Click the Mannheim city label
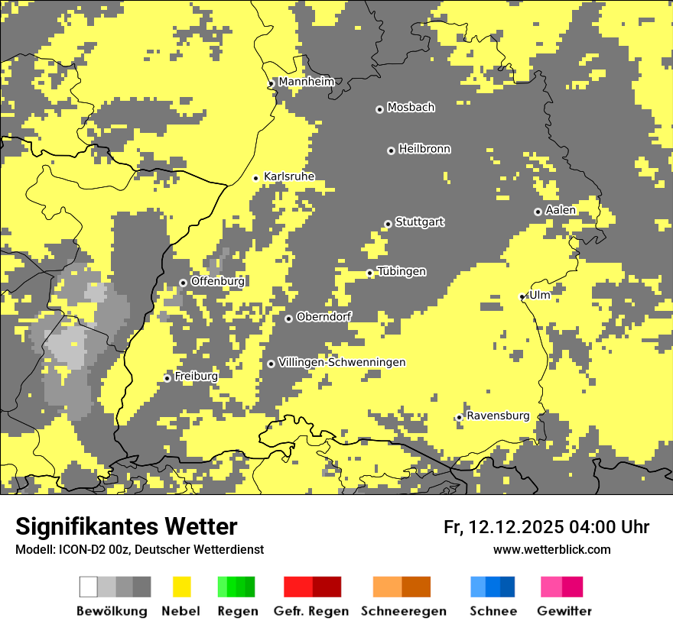(x=306, y=82)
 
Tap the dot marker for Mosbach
(x=379, y=109)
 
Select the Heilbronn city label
(x=424, y=149)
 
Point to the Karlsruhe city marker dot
(x=256, y=178)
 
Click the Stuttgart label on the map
(x=419, y=222)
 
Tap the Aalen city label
(x=561, y=210)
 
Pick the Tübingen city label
(x=402, y=272)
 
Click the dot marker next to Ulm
(x=522, y=296)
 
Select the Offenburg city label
(x=217, y=281)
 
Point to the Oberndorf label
(x=323, y=317)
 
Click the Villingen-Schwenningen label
(x=342, y=362)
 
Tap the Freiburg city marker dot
(x=167, y=378)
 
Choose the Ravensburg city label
(x=498, y=416)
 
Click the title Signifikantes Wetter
(x=126, y=526)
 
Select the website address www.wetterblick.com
(x=551, y=549)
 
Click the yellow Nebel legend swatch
(x=182, y=587)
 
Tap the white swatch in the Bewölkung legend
(x=89, y=587)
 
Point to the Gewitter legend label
(x=564, y=611)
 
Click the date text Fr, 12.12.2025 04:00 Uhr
(x=546, y=527)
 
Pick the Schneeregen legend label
(x=404, y=611)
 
